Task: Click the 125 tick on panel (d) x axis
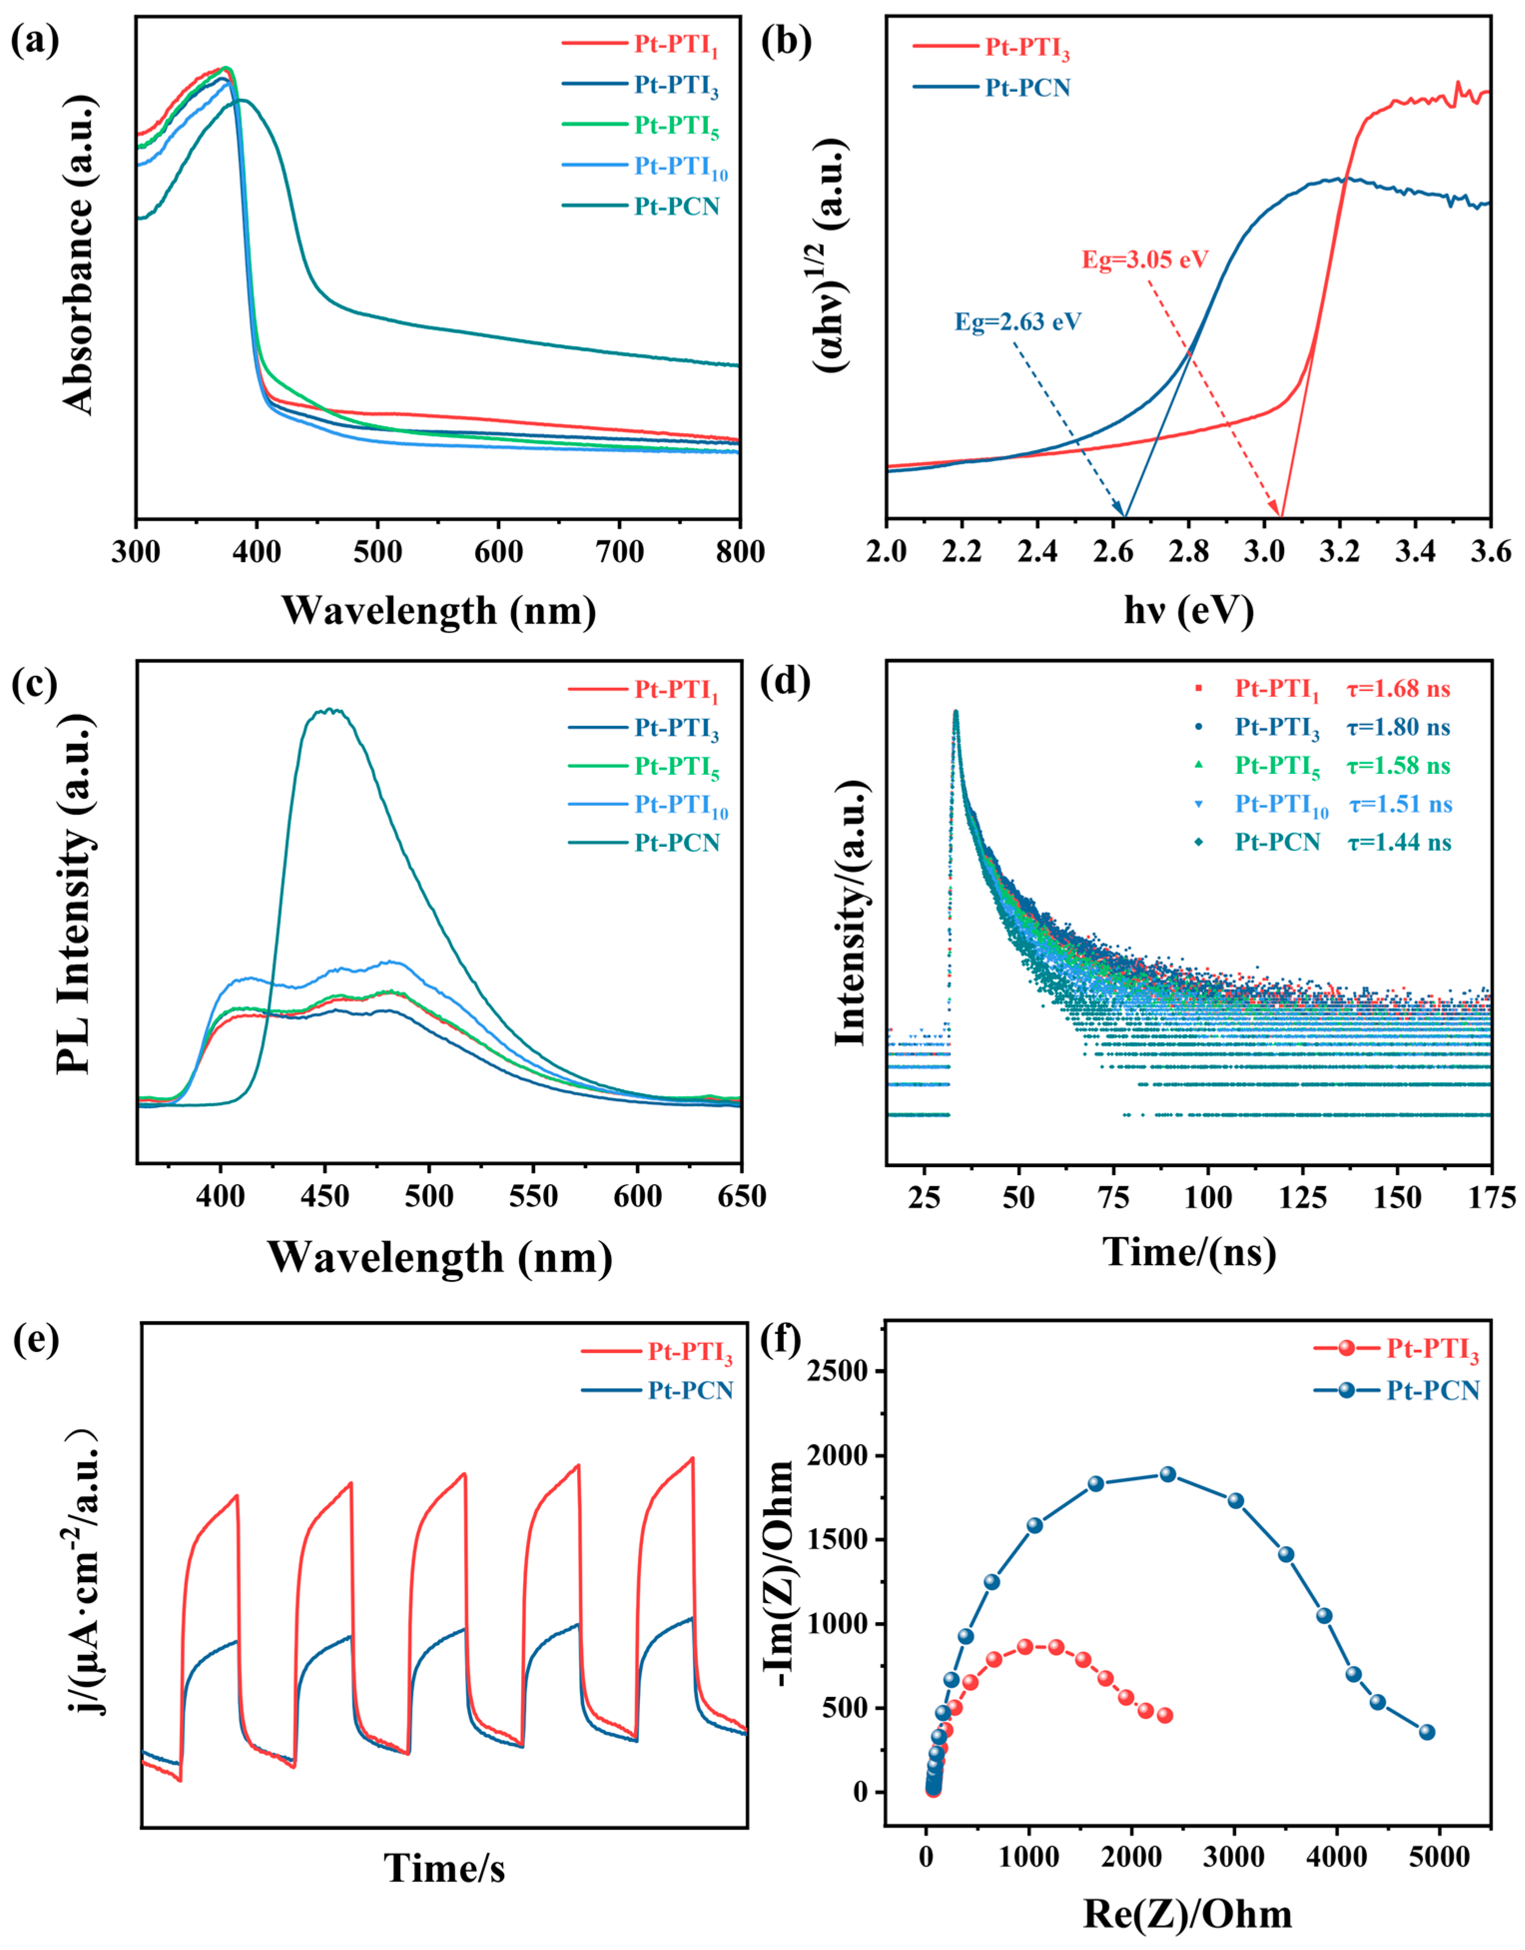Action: click(1303, 1197)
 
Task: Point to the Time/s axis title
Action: click(445, 1868)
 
